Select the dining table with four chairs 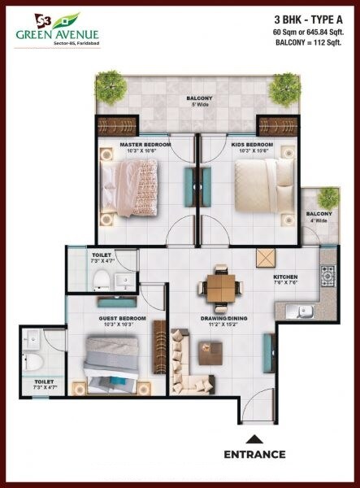220,285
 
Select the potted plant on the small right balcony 327,198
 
